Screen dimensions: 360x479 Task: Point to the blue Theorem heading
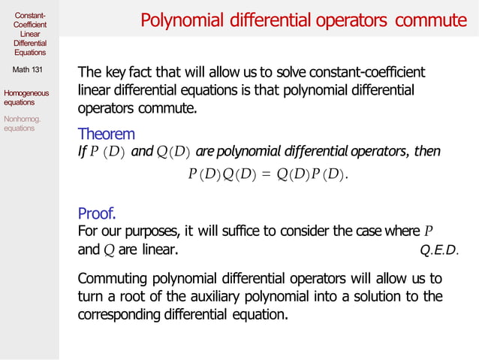point(107,135)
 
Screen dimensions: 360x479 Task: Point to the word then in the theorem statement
point(427,152)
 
